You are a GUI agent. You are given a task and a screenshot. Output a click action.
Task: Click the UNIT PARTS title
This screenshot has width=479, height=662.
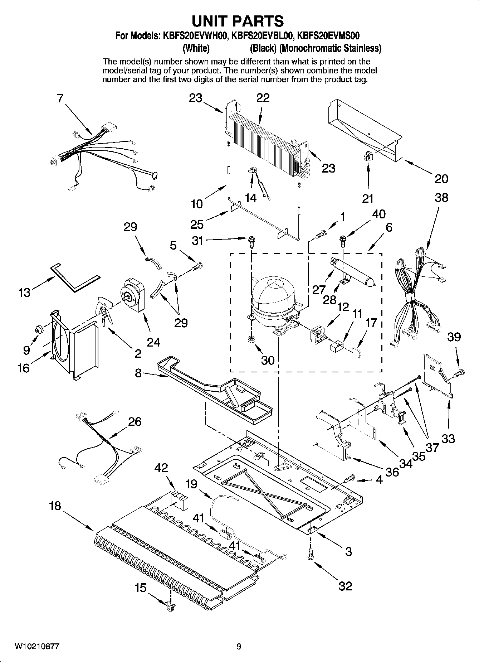click(238, 21)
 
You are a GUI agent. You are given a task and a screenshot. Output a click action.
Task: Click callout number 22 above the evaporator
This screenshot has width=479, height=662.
click(263, 98)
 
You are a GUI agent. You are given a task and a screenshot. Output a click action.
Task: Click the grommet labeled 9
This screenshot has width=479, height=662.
click(38, 328)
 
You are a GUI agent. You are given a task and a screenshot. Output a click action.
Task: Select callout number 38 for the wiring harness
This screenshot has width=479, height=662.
click(441, 198)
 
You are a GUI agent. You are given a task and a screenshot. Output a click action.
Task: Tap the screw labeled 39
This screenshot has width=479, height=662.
click(459, 374)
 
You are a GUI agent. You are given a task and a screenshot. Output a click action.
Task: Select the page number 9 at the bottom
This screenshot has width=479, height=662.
click(239, 646)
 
